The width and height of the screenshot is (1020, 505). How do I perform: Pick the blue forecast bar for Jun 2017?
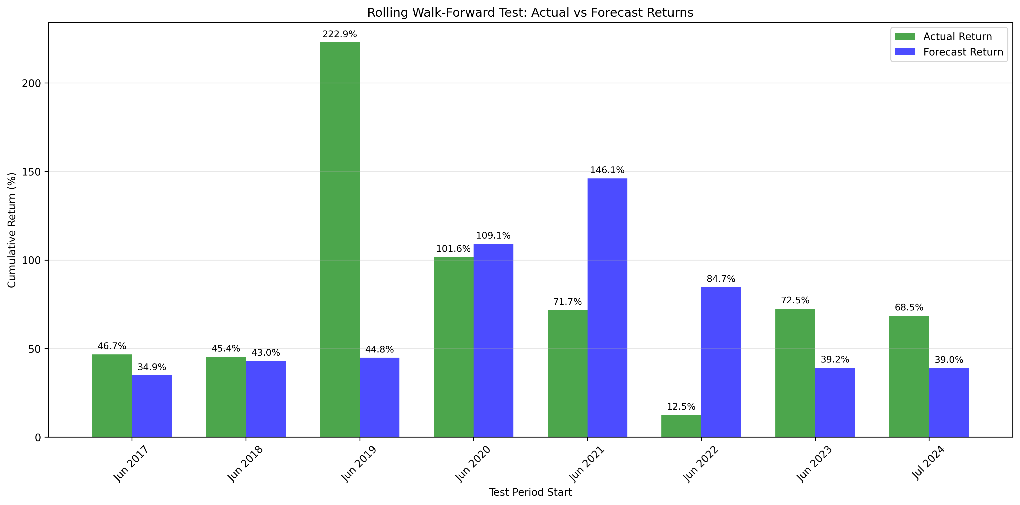pos(152,406)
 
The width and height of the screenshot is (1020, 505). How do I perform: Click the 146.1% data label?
pos(607,170)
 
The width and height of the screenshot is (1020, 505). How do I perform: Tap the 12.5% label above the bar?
pos(681,407)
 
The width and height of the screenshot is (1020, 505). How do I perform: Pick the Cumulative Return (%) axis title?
pos(12,230)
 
